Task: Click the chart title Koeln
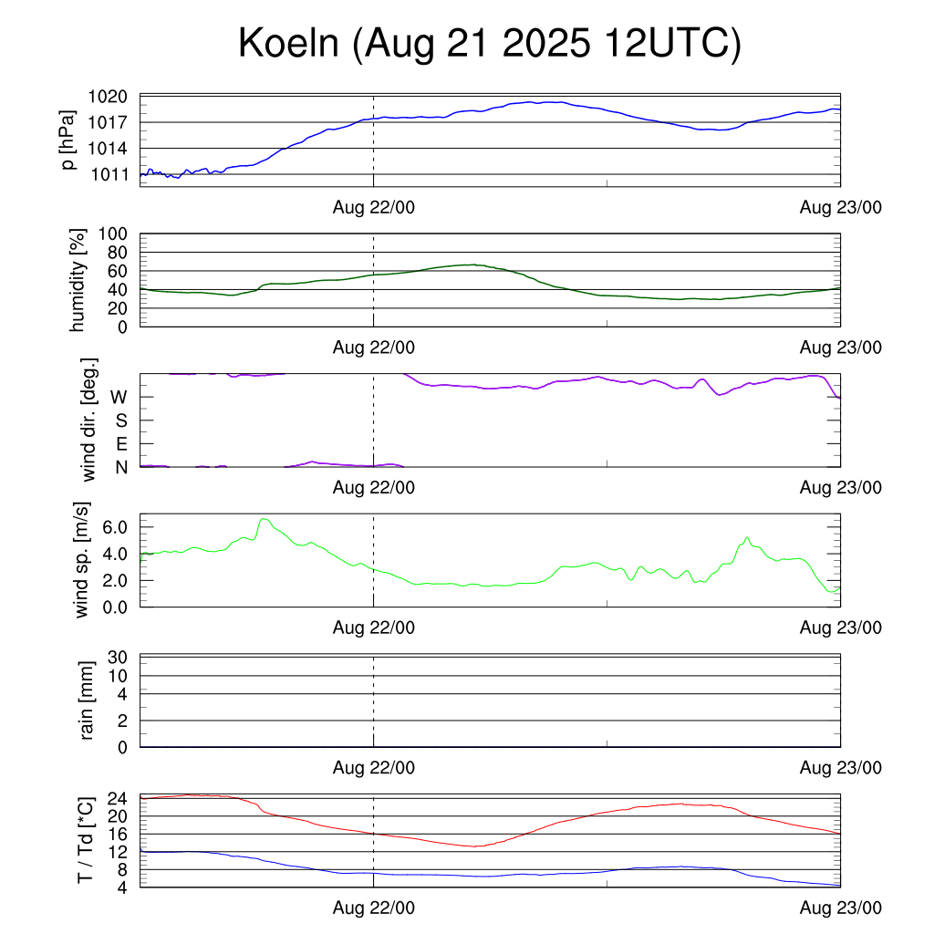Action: (489, 44)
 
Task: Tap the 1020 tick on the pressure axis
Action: (112, 96)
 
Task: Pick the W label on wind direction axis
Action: (119, 398)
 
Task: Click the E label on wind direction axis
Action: (120, 444)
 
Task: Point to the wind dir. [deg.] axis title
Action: (89, 420)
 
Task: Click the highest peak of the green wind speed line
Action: (264, 519)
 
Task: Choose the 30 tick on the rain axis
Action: (119, 658)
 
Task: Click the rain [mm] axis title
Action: (88, 700)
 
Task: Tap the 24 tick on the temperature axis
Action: (119, 798)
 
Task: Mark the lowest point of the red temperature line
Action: (475, 846)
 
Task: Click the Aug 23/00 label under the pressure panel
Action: (840, 208)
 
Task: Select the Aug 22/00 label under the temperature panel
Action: (373, 908)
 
